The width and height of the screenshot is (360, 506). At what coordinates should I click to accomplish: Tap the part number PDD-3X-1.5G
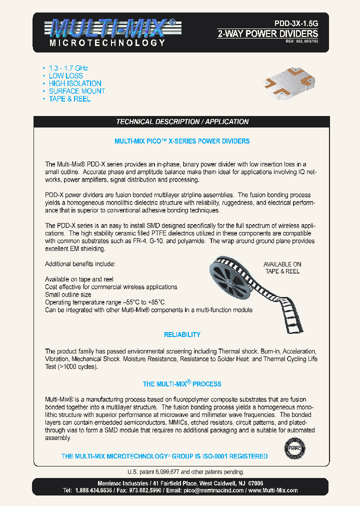295,22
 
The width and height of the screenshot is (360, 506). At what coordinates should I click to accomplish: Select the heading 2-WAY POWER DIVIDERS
267,34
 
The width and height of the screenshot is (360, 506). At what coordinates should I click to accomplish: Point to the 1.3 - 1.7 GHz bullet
68,68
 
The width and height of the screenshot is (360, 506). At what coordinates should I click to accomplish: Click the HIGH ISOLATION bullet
75,83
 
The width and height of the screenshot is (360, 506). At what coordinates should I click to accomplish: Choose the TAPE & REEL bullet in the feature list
69,99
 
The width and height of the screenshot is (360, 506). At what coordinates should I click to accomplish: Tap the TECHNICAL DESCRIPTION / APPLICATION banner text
182,122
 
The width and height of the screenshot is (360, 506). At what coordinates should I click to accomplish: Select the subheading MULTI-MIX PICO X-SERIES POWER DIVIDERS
182,141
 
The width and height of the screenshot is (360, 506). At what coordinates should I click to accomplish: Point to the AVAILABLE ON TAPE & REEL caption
282,267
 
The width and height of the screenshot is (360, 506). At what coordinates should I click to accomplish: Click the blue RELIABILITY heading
182,334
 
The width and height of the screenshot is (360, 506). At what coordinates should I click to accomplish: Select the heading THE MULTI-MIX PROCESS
182,384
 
